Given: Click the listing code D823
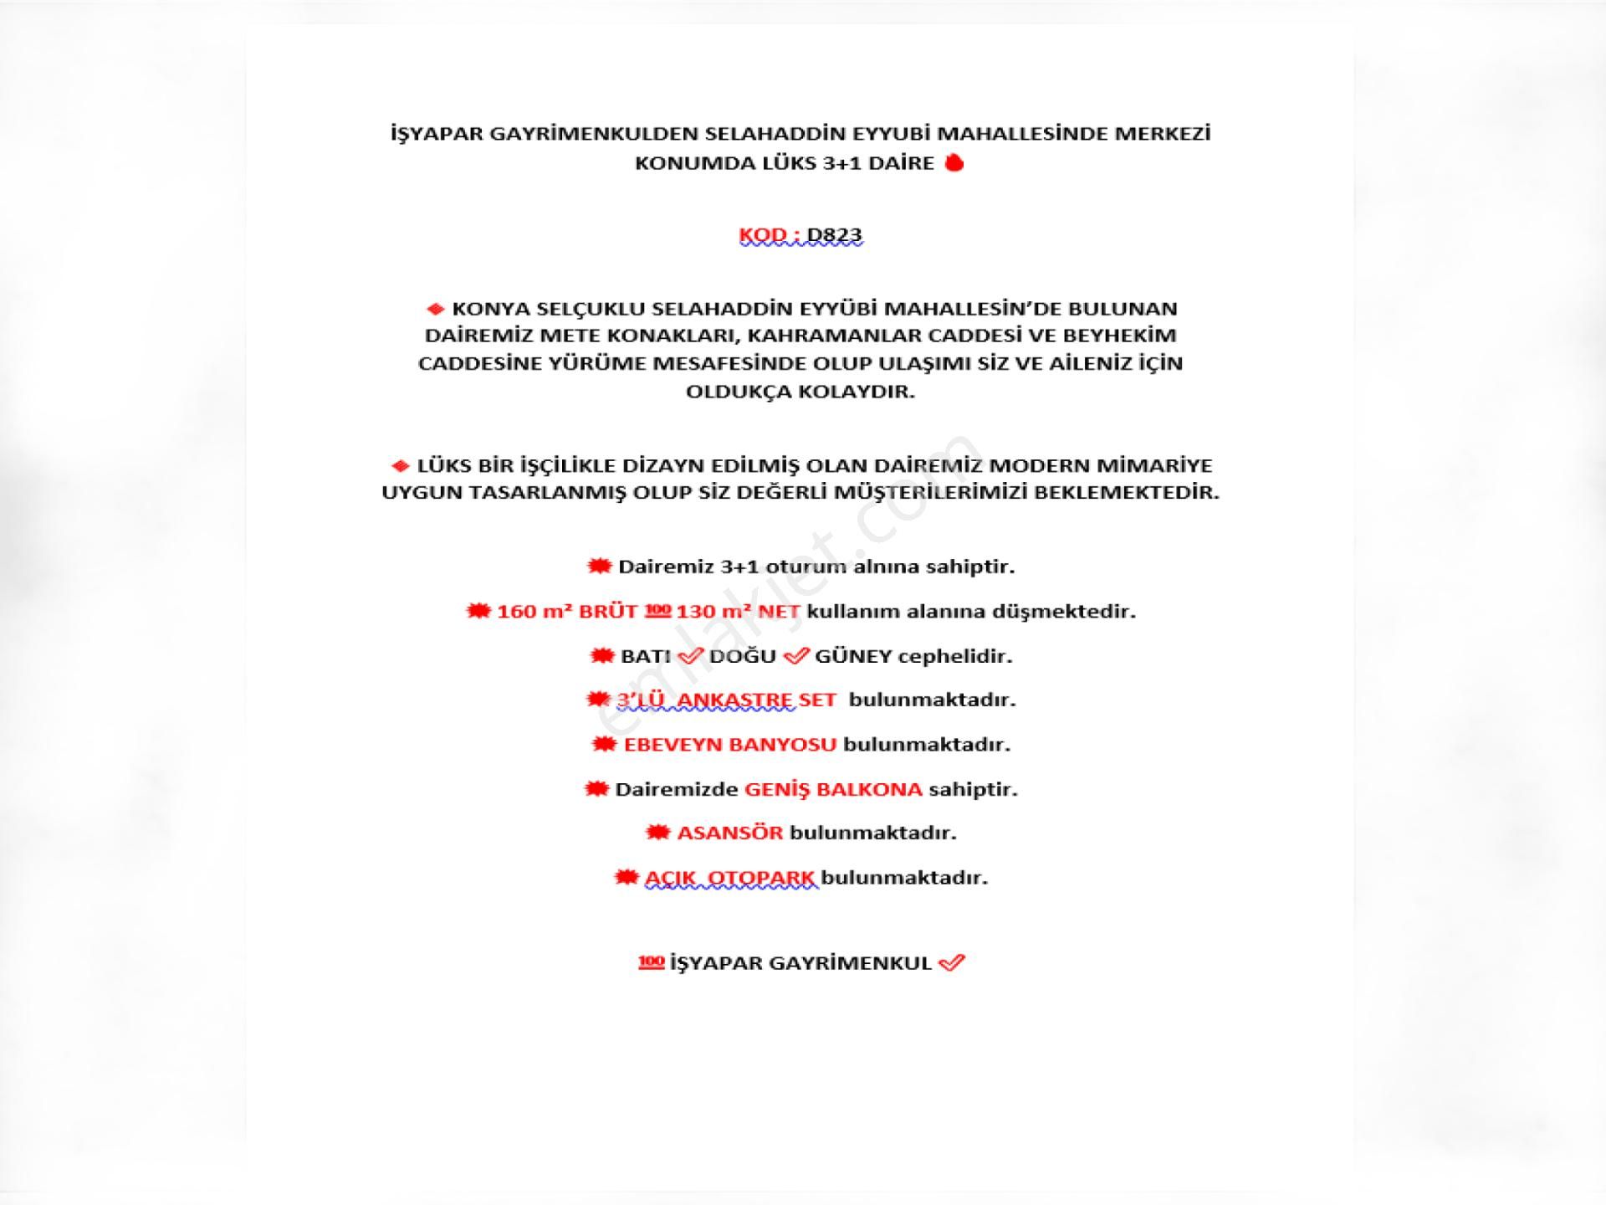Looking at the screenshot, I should click(834, 235).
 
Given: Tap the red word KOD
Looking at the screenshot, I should click(762, 235).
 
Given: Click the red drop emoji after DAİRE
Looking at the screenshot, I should click(954, 163).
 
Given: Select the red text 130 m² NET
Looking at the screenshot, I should click(738, 612).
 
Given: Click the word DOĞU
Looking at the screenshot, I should click(742, 657).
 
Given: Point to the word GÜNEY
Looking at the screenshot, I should click(853, 657).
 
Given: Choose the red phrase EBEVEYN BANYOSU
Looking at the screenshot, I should click(729, 745).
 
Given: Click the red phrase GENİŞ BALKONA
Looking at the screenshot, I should click(833, 790).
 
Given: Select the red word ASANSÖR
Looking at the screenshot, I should click(729, 833).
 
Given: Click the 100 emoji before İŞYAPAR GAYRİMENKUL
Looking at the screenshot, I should click(651, 963).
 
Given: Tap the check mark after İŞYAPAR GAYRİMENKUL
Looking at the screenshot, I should click(952, 963).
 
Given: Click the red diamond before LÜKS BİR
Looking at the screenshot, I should click(400, 466).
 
